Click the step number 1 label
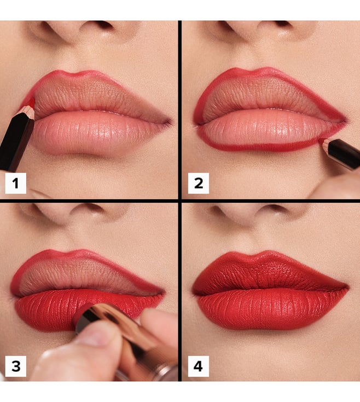[16, 183]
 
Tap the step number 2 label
[199, 183]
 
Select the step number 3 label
[16, 366]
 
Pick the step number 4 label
[199, 366]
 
